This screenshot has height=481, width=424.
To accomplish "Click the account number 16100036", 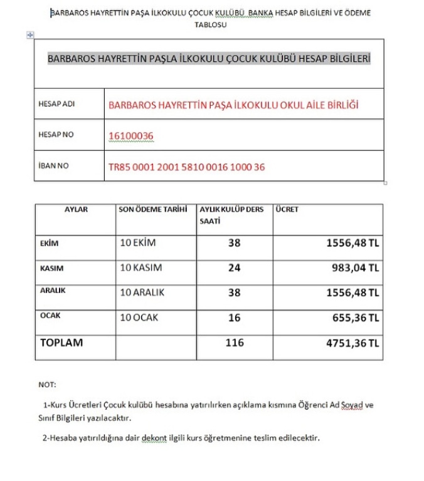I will [x=131, y=135].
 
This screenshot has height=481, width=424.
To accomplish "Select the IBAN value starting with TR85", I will [x=187, y=167].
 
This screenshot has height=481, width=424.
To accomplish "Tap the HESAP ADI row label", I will [x=56, y=104].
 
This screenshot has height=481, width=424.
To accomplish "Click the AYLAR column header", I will [x=77, y=210].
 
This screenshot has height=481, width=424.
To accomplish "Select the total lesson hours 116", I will [x=234, y=343].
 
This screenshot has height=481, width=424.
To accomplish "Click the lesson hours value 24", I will [x=234, y=268].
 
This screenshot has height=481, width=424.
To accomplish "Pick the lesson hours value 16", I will [x=234, y=318].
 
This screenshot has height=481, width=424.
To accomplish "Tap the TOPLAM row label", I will [x=61, y=343].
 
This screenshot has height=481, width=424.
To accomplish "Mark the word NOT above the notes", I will [x=46, y=385].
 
